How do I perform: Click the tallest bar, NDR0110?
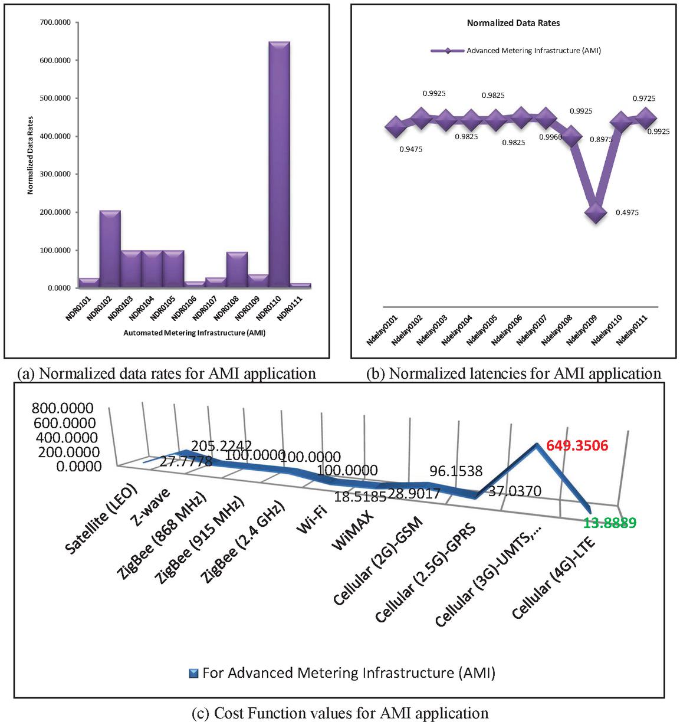coord(279,165)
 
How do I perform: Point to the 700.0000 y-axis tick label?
coord(54,22)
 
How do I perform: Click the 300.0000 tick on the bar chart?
coord(54,174)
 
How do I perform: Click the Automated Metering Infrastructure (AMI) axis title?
coord(194,333)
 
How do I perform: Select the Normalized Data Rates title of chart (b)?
coord(513,23)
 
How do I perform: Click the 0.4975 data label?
coord(626,212)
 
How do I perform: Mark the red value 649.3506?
coord(577,446)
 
